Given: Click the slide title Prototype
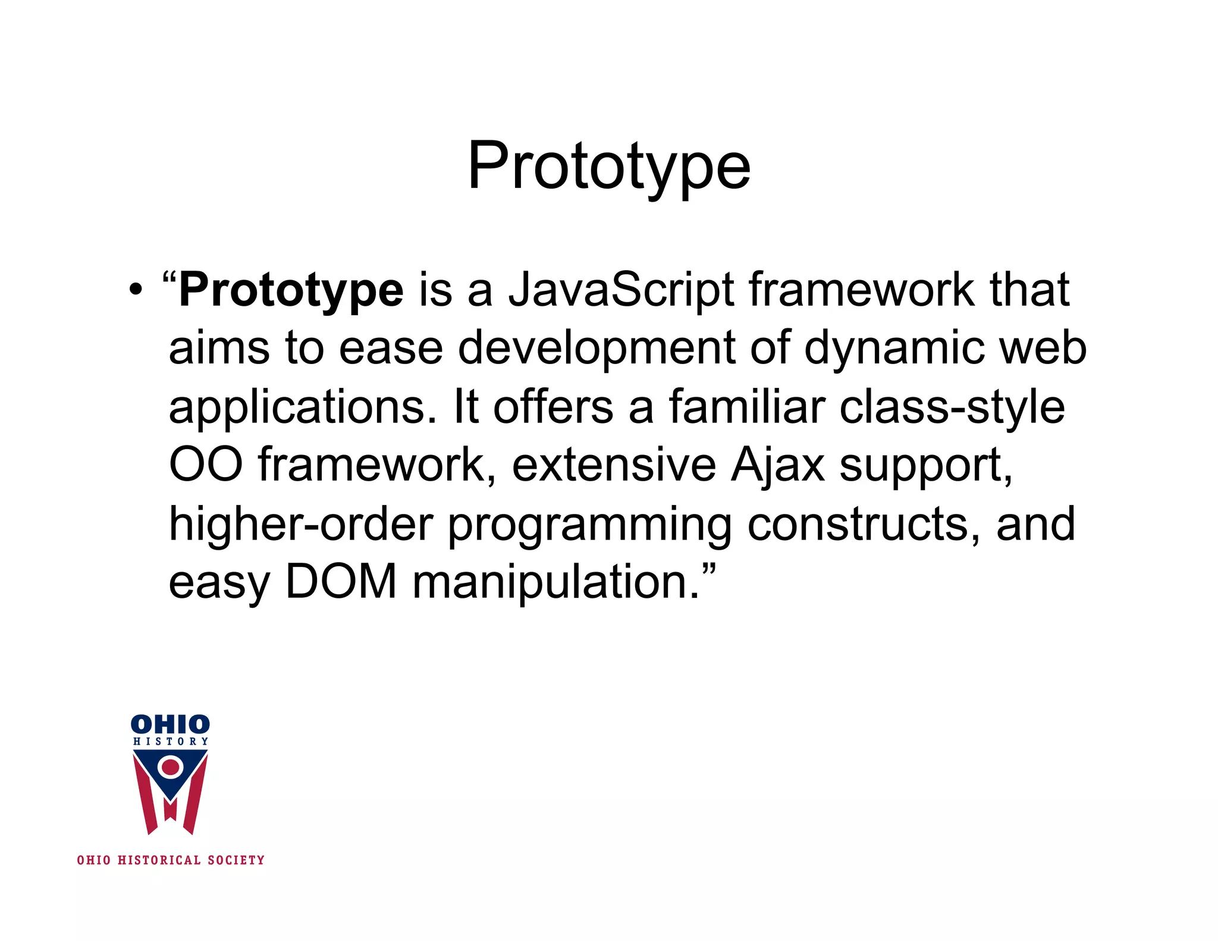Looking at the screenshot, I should tap(608, 167).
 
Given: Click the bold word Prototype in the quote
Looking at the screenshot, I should tap(291, 290).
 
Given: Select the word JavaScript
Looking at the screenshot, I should tap(621, 290).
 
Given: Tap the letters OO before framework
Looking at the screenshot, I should tap(206, 465).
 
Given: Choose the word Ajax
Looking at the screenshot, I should tap(777, 465).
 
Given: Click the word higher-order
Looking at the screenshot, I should tap(301, 524).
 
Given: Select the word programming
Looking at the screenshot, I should tap(589, 524).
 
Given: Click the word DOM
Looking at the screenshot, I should tap(341, 581).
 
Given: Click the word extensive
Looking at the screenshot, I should tap(614, 465).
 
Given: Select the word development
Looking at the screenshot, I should tap(597, 349).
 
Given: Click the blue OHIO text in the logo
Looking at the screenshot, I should tap(170, 724).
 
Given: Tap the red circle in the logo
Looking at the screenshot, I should tap(171, 767).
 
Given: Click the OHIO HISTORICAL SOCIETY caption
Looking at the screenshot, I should tap(171, 860).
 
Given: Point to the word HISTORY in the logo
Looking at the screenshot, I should tap(171, 742).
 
